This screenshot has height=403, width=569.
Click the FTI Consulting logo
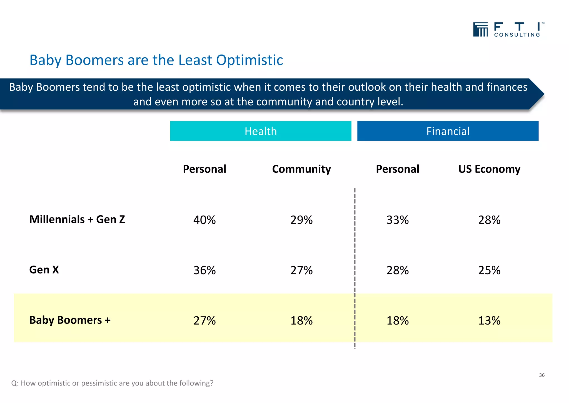click(508, 29)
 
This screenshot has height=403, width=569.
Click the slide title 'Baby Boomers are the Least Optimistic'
click(156, 60)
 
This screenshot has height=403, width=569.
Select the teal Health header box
click(261, 131)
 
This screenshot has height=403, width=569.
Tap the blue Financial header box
click(448, 131)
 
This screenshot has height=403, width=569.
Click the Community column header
click(301, 169)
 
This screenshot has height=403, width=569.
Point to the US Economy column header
click(489, 169)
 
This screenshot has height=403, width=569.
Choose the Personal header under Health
click(204, 169)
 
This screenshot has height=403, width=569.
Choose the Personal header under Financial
click(397, 169)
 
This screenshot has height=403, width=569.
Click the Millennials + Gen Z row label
click(77, 219)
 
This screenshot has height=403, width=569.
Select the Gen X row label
click(44, 270)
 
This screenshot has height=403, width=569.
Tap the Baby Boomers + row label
click(70, 320)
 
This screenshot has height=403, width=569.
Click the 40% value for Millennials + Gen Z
click(204, 220)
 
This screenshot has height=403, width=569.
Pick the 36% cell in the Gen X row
click(204, 270)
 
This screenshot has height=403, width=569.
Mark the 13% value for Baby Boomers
click(489, 321)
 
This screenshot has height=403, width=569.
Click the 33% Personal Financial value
click(397, 220)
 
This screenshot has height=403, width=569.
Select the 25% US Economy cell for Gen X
click(489, 270)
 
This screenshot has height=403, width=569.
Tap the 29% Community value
click(301, 220)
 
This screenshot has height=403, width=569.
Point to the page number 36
click(541, 375)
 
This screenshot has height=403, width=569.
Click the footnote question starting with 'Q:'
click(112, 383)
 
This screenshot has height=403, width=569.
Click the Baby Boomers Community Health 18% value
click(301, 321)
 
